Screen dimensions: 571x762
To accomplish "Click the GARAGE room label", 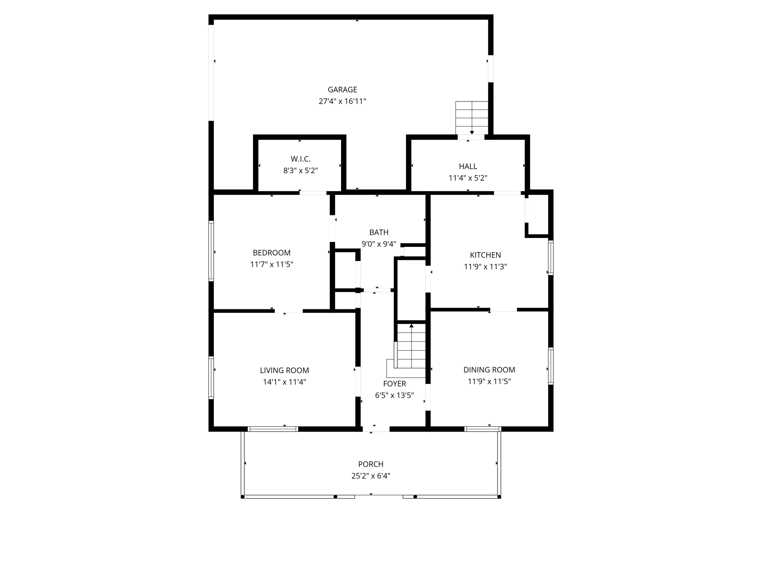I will [x=342, y=90].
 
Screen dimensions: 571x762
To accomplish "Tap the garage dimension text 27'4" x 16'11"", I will [x=342, y=101].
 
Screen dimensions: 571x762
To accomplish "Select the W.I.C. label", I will [x=300, y=159].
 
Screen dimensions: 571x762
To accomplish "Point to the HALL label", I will [x=468, y=166].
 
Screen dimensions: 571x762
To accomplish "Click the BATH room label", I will [x=379, y=232].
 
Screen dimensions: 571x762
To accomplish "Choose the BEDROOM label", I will [x=272, y=253].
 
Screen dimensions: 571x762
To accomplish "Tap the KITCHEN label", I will [x=485, y=255].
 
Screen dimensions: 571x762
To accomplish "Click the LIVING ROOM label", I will [x=284, y=370].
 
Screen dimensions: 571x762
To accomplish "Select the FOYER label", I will [x=394, y=384].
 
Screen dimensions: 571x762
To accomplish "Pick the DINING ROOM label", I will [x=489, y=370].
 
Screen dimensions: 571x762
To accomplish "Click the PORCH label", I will [x=371, y=464].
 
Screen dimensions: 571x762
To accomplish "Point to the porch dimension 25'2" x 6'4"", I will [x=371, y=476].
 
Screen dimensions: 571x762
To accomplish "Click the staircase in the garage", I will [x=472, y=117].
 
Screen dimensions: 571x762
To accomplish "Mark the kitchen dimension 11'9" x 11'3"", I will [x=485, y=267].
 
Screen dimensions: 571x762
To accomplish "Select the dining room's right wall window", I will [x=551, y=366].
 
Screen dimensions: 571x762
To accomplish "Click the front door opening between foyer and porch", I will [x=376, y=429].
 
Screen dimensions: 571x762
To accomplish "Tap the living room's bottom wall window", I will [x=273, y=429].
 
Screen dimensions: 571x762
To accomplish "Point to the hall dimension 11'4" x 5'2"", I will [x=468, y=178].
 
